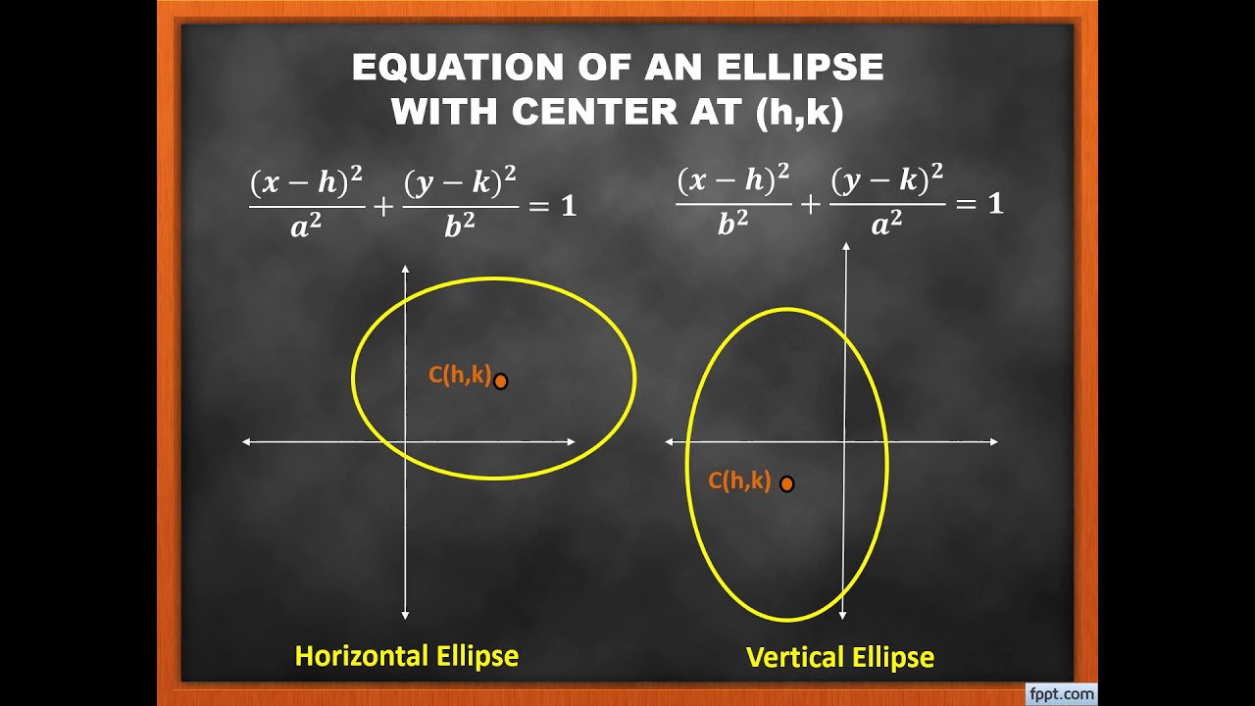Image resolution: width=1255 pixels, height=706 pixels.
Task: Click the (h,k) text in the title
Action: [x=799, y=112]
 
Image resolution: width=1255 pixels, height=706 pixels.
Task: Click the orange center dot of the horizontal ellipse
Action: [x=501, y=381]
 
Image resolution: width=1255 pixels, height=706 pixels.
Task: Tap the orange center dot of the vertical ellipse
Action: [x=786, y=483]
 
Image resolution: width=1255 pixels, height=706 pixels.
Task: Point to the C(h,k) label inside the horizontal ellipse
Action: [x=459, y=375]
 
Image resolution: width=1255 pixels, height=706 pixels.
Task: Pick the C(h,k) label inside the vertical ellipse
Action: [x=739, y=480]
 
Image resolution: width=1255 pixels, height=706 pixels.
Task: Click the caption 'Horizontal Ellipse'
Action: [x=407, y=656]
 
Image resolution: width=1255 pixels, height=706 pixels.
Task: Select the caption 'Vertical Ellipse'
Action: [x=840, y=657]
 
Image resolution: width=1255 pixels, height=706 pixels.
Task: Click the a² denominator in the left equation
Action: [x=306, y=227]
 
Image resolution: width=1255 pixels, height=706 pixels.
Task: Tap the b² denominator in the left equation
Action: [x=460, y=227]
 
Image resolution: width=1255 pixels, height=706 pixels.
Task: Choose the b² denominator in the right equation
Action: [x=732, y=227]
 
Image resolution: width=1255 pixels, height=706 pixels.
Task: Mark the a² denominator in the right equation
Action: [x=886, y=227]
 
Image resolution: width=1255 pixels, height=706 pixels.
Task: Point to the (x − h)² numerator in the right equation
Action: [x=732, y=181]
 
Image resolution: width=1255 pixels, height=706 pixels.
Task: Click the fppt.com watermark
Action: [x=1061, y=694]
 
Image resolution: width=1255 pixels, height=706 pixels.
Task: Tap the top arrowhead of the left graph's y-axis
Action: [x=405, y=268]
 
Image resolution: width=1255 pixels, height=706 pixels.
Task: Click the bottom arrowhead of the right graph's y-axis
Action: [x=843, y=615]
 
